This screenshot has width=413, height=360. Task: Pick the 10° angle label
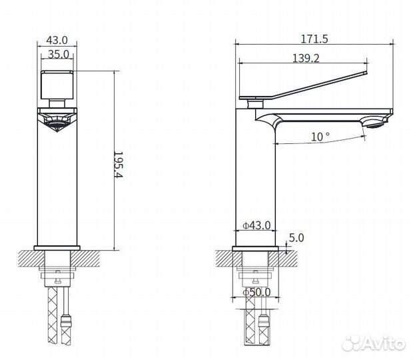(320, 136)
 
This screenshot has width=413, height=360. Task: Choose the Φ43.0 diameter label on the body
(256, 226)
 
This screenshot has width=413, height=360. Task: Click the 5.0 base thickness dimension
(296, 237)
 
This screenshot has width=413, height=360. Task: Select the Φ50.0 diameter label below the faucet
(256, 292)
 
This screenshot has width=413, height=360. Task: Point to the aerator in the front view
(57, 119)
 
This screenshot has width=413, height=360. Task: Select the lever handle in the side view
(306, 85)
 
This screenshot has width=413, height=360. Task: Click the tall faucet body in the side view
(257, 180)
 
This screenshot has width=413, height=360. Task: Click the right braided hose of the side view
(264, 320)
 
